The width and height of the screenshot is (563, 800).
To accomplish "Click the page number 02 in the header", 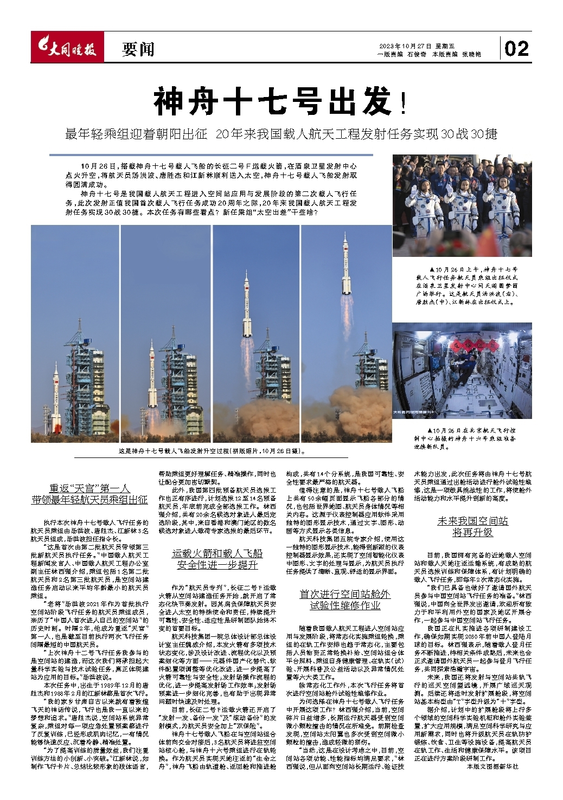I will [516, 49].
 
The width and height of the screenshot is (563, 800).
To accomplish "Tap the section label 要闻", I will [138, 50].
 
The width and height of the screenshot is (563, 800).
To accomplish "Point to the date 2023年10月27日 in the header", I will [404, 46].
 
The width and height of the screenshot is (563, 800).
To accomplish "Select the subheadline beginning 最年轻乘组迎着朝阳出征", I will [281, 133].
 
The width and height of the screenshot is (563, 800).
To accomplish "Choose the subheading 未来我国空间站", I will [472, 521].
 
